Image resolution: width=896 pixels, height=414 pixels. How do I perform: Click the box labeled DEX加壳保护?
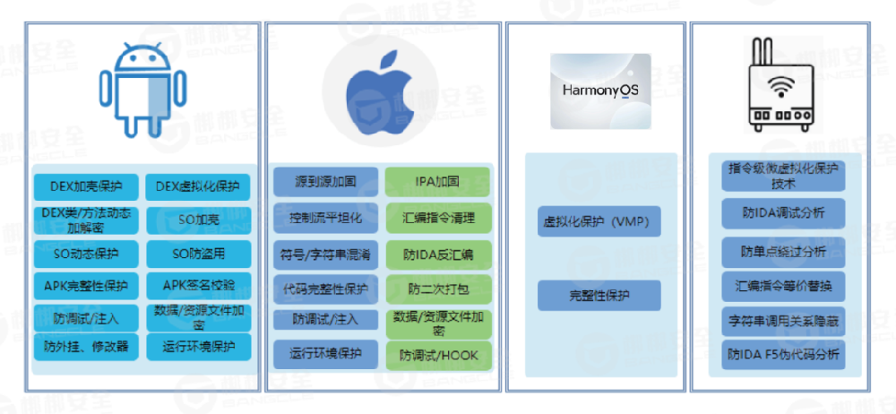(x=86, y=187)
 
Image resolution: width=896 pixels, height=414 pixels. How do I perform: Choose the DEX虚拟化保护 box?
(x=198, y=187)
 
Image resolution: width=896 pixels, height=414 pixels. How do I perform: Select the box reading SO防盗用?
(x=198, y=254)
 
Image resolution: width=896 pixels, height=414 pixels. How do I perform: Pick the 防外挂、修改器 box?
(x=86, y=346)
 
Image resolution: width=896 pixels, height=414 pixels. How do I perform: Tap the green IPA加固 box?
(x=438, y=182)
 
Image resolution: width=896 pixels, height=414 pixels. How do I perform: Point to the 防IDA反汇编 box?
(x=438, y=254)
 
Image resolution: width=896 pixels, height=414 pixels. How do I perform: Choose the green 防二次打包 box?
(x=438, y=289)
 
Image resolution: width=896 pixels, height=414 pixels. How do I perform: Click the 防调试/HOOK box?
(x=438, y=355)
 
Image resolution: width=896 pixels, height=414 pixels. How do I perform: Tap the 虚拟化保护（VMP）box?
(x=599, y=221)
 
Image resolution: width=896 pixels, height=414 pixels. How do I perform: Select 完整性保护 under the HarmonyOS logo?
(x=599, y=295)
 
